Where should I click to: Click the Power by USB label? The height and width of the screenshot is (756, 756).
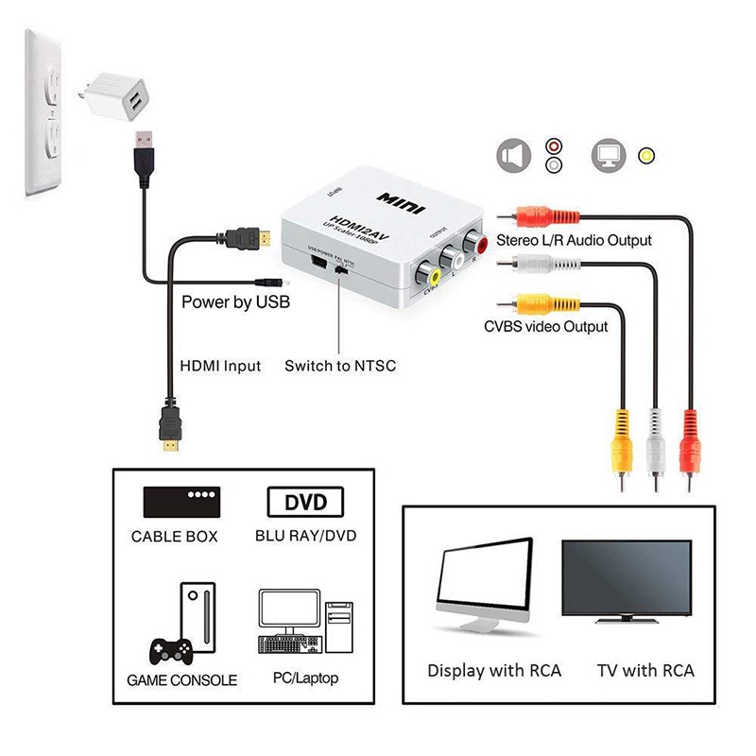point(235,303)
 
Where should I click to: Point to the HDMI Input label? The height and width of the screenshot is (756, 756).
point(220,366)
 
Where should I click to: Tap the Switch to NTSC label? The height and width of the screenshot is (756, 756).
point(340,366)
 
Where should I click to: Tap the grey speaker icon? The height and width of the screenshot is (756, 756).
point(512,155)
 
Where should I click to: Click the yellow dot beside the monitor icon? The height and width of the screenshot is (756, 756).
point(646,156)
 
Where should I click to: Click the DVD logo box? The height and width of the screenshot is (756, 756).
point(305,502)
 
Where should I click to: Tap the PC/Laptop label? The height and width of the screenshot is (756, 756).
point(303,678)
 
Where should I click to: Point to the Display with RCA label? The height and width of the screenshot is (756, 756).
point(494,671)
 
